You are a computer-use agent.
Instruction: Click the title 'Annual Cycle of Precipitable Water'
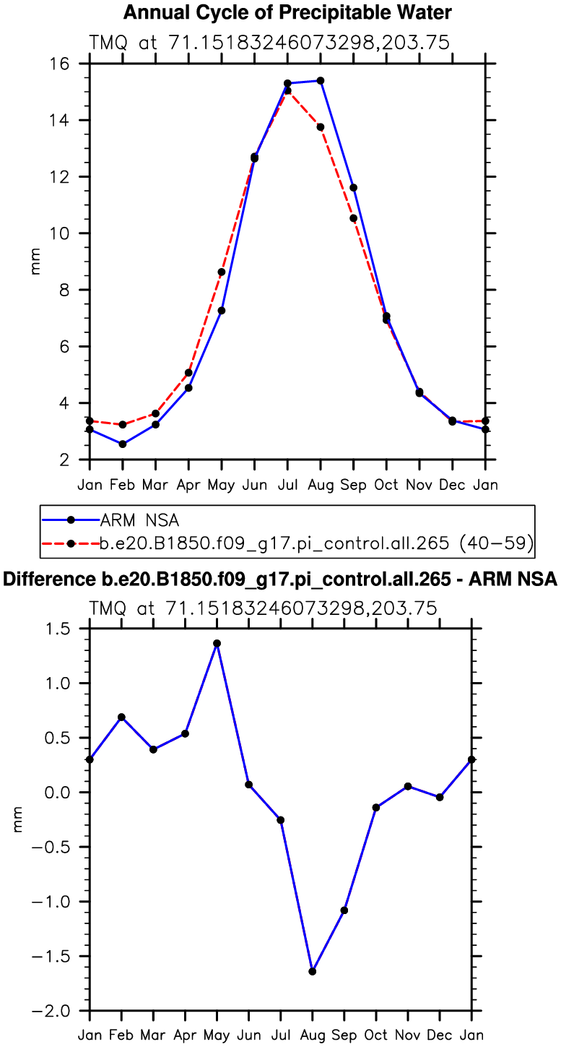[x=288, y=12]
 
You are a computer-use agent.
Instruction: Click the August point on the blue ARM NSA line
[x=321, y=80]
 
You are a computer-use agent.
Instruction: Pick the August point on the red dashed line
[x=321, y=127]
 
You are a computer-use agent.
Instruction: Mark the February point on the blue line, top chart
[x=123, y=444]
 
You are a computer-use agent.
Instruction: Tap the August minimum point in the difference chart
[x=313, y=971]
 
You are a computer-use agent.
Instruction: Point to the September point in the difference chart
[x=344, y=910]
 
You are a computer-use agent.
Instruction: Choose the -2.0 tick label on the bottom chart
[x=61, y=1011]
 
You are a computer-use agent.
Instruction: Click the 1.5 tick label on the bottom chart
[x=66, y=629]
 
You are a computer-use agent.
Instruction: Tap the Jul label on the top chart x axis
[x=287, y=484]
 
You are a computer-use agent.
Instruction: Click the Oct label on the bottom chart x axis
[x=376, y=1035]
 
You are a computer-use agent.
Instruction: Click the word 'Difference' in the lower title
[x=43, y=579]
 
